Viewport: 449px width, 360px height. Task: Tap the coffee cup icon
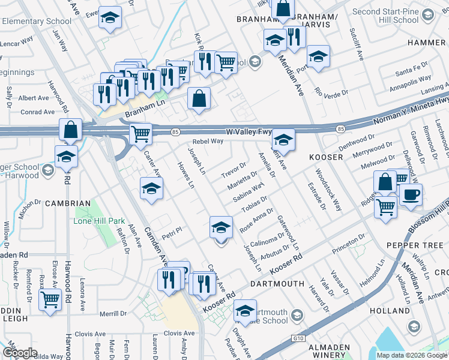coord(411,194)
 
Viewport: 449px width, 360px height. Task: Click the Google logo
coord(20,353)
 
